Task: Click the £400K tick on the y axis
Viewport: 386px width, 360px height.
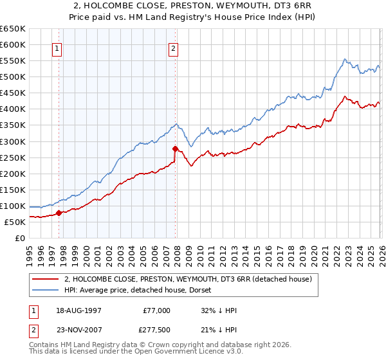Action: [x=13, y=109]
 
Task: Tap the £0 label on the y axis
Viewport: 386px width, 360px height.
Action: [x=20, y=238]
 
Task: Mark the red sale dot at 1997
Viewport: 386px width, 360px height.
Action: [x=59, y=213]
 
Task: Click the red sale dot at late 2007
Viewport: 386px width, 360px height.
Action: [x=175, y=148]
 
